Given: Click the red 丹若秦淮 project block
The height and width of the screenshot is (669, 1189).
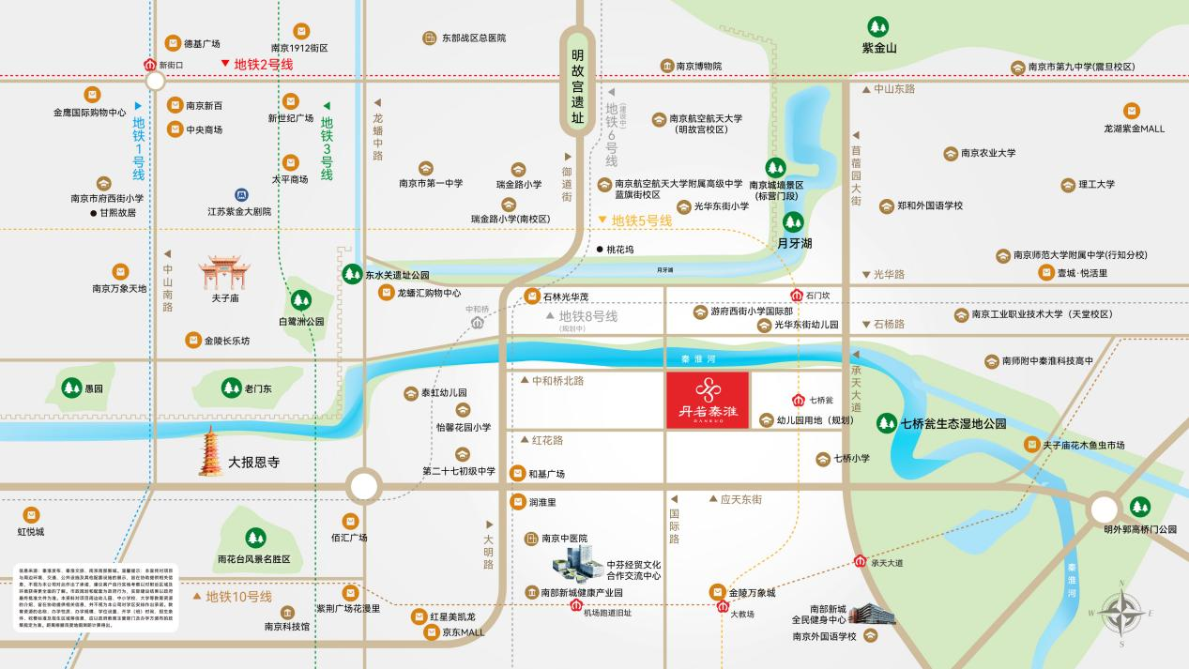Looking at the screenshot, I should pyautogui.click(x=708, y=401).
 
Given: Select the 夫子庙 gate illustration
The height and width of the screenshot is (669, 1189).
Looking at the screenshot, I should pyautogui.click(x=224, y=274).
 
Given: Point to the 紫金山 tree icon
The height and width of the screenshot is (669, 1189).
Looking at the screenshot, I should pyautogui.click(x=878, y=27).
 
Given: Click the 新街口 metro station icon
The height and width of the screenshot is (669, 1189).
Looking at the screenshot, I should pyautogui.click(x=149, y=66).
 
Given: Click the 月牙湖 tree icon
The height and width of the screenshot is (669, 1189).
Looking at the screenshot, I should pyautogui.click(x=793, y=222).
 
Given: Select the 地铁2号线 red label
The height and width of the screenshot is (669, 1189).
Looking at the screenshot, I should pyautogui.click(x=264, y=65).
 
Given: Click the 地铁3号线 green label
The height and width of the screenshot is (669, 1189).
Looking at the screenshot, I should pyautogui.click(x=327, y=148).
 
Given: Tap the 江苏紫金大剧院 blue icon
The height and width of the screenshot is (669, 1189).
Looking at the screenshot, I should pyautogui.click(x=241, y=195).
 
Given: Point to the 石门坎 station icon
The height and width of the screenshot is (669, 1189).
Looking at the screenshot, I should pyautogui.click(x=797, y=293).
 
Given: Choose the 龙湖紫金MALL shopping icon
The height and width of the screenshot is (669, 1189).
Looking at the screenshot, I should pyautogui.click(x=1132, y=111).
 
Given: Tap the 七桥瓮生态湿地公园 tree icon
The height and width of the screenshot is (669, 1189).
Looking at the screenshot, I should pyautogui.click(x=886, y=423).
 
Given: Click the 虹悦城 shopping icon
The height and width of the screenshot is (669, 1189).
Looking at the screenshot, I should pyautogui.click(x=31, y=515).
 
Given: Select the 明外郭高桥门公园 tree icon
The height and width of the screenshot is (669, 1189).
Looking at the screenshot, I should pyautogui.click(x=1139, y=507).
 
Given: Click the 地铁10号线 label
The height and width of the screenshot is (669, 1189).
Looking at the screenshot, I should pyautogui.click(x=238, y=597).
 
